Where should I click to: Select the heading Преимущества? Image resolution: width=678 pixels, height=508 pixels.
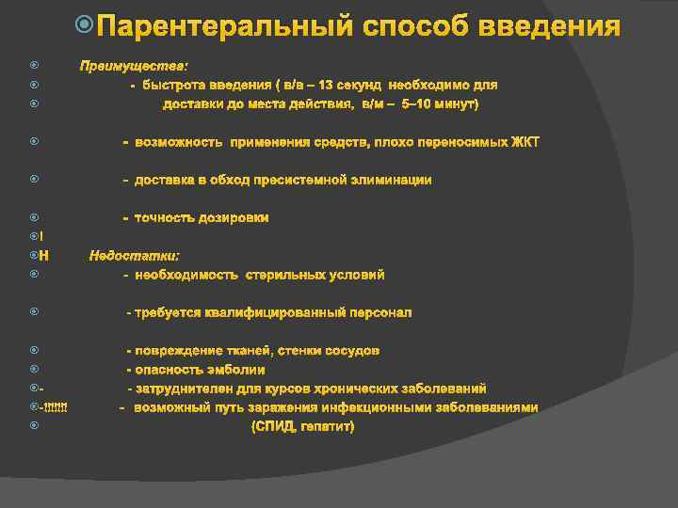[x=134, y=66]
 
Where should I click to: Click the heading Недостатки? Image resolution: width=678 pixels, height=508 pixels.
[x=135, y=255]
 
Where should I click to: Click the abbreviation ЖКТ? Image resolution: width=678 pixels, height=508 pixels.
[x=525, y=142]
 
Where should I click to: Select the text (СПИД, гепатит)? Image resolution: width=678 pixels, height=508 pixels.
[x=302, y=427]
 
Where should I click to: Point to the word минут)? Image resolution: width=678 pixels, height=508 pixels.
[x=457, y=103]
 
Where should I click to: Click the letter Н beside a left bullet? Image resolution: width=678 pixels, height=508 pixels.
[x=45, y=255]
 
